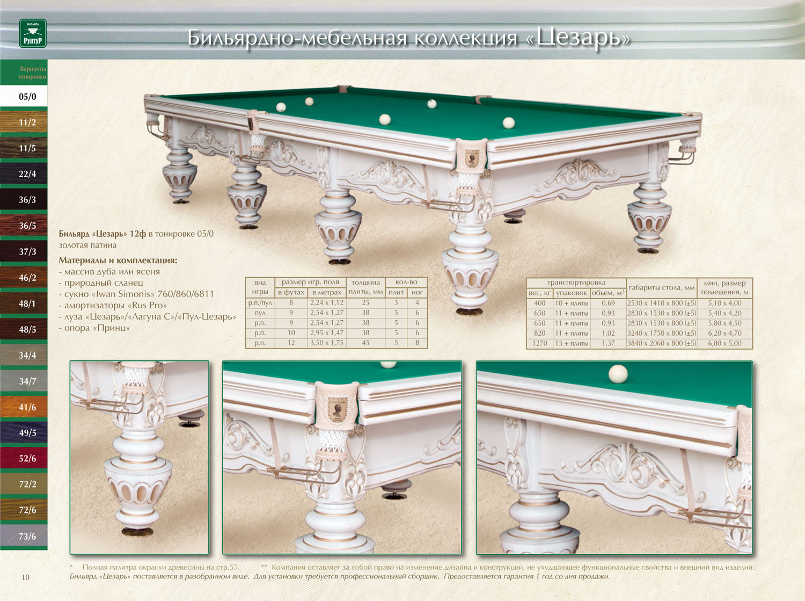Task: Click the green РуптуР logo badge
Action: pos(33,33)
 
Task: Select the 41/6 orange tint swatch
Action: pos(24,407)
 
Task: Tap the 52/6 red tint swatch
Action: pos(24,458)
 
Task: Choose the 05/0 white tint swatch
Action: pos(24,96)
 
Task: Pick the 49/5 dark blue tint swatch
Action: pos(24,432)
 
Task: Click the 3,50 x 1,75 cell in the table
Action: pos(327,343)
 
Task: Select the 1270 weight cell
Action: pos(539,343)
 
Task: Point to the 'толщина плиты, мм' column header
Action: pos(365,287)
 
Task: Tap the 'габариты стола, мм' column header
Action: pos(661,288)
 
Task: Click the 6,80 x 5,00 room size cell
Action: pos(724,343)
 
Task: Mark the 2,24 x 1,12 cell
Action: pos(327,303)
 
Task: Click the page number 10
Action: pos(25,577)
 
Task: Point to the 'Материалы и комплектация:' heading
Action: pos(118,260)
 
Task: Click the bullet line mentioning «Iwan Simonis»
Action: pos(136,294)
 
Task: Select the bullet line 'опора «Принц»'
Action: pos(94,328)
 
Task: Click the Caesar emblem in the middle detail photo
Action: pos(336,408)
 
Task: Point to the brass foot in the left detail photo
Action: pos(137,532)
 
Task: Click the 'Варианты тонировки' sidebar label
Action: pos(33,73)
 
